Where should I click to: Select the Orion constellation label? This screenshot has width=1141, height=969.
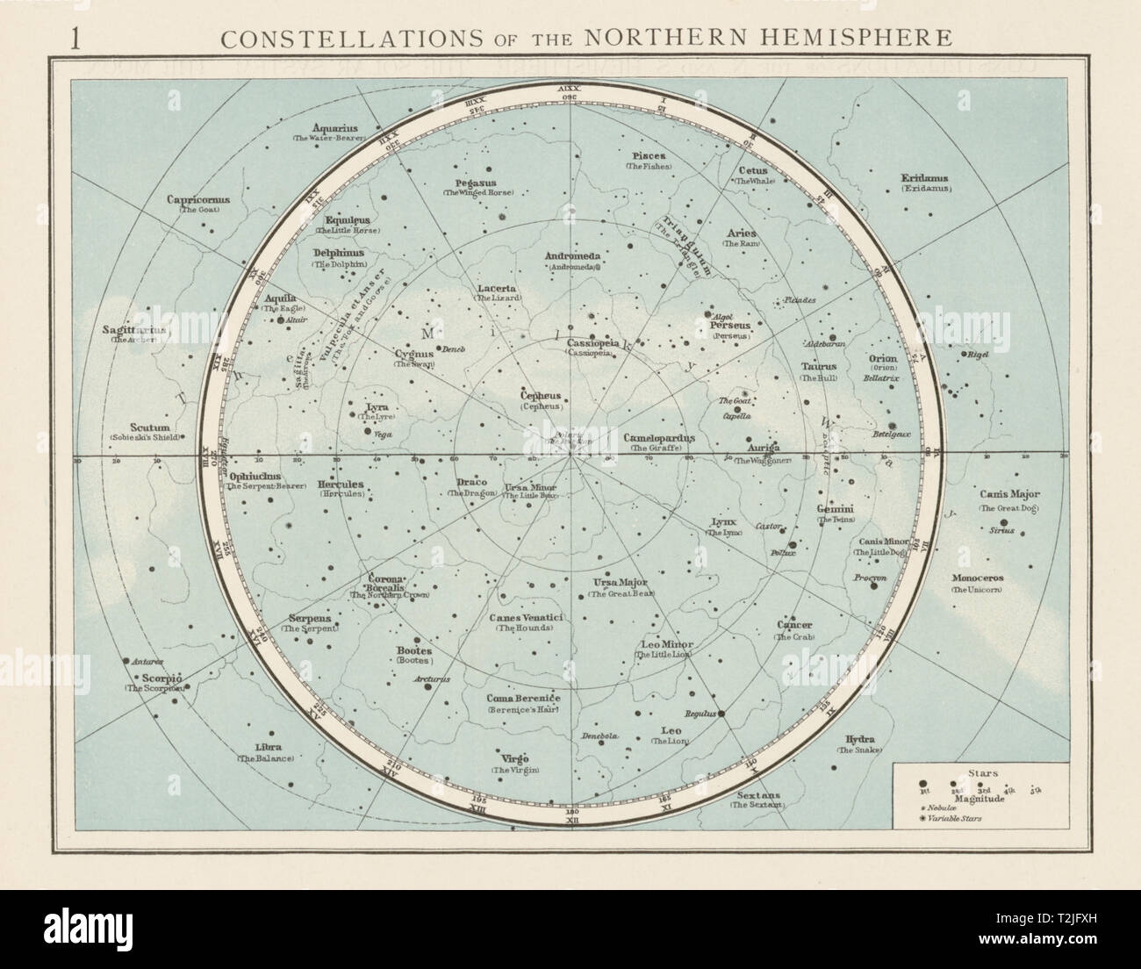point(882,358)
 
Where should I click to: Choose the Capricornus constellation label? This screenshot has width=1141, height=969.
point(198,199)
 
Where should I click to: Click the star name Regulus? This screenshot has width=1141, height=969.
point(703,714)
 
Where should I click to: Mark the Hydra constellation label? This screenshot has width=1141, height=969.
point(858,740)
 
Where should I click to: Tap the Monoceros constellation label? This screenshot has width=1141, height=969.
point(980,578)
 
